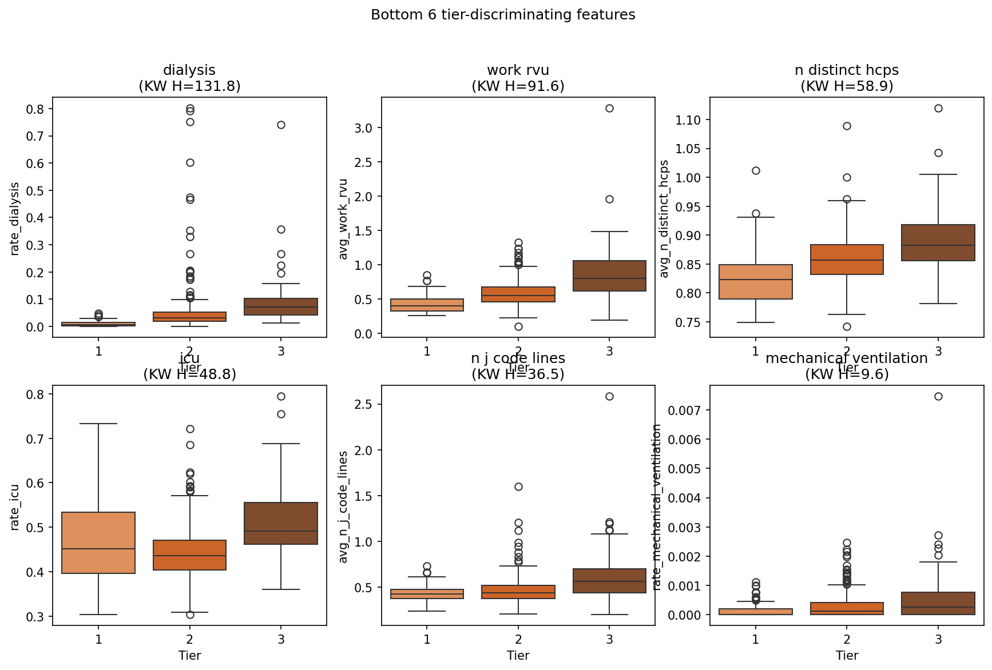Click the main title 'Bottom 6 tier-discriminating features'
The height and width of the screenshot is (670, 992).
(x=503, y=15)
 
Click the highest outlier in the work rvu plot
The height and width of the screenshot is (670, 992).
(x=609, y=108)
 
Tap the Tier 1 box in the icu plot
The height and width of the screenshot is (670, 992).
(x=98, y=543)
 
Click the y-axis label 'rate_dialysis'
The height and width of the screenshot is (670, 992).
(x=15, y=218)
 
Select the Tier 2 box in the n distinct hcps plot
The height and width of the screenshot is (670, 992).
(x=847, y=260)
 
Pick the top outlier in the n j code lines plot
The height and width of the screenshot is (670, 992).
(x=609, y=396)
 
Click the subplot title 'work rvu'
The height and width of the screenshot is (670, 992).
(x=518, y=70)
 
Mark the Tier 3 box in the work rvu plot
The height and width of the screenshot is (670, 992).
(x=609, y=276)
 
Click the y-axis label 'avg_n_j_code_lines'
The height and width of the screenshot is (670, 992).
(x=343, y=507)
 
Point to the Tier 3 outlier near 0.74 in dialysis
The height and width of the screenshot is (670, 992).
(x=281, y=125)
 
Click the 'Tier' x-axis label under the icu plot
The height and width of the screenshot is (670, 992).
(x=189, y=656)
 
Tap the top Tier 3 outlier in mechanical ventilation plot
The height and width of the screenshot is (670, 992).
(x=938, y=396)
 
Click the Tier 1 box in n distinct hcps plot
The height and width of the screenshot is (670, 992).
(x=756, y=282)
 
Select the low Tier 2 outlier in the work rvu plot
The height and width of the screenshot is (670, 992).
(x=518, y=326)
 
